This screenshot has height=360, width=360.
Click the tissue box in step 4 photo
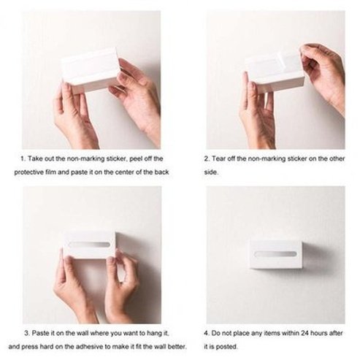pyautogui.click(x=275, y=253)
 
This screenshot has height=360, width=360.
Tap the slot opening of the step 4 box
pyautogui.click(x=275, y=253)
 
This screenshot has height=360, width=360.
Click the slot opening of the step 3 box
pyautogui.click(x=89, y=244)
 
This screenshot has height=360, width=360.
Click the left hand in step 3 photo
pyautogui.click(x=71, y=281)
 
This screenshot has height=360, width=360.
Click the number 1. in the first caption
pyautogui.click(x=24, y=158)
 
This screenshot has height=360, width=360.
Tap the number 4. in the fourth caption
pyautogui.click(x=207, y=332)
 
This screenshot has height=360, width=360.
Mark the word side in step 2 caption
pyautogui.click(x=210, y=173)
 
